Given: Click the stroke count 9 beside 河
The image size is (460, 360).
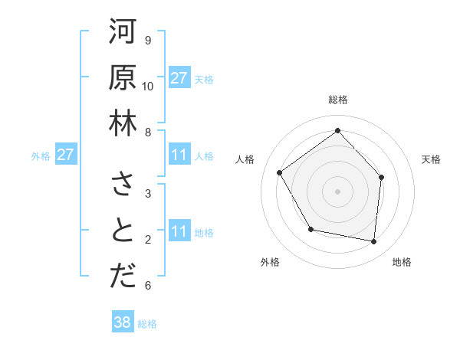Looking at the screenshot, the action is tap(147, 40).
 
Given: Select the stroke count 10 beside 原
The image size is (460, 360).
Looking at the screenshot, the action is tap(148, 86).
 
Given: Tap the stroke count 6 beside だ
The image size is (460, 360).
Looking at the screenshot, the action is tap(147, 286).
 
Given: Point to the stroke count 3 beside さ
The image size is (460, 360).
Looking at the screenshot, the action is tap(147, 193).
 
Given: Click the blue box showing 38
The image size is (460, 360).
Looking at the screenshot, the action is tap(123, 322).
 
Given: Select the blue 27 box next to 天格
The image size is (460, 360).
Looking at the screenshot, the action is tap(179, 77).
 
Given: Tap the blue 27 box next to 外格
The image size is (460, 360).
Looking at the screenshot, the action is tap(66, 155).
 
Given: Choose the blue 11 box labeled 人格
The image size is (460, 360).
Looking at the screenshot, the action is tap(179, 155).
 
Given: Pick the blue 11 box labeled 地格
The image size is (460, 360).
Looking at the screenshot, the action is tap(179, 231).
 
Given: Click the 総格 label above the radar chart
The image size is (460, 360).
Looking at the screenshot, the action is tap(337, 100).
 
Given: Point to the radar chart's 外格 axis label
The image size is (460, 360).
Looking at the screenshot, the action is tap(270, 263).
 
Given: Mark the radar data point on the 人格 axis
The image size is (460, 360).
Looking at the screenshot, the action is tap(280, 172).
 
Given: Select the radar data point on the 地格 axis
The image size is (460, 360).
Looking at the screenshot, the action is tap(373, 241).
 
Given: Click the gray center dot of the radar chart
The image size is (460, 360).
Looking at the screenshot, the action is tap(337, 191).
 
